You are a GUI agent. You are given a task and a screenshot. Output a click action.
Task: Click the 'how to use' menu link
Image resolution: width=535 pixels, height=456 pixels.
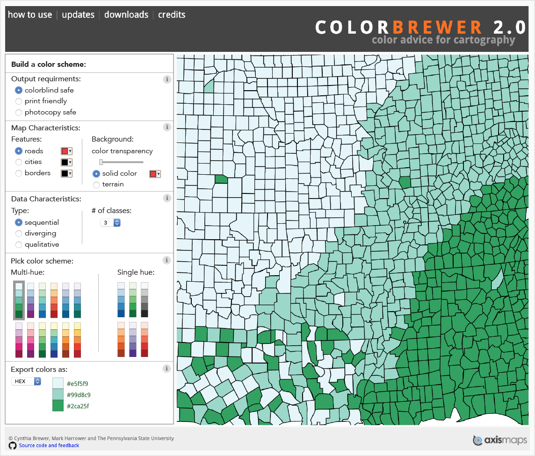30,14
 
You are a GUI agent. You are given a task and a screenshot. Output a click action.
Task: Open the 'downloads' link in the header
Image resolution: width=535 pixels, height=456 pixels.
126,14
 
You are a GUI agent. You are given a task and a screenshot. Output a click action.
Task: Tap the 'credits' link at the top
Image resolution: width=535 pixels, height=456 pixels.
172,14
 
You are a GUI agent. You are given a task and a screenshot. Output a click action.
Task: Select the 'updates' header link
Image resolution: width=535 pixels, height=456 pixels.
78,14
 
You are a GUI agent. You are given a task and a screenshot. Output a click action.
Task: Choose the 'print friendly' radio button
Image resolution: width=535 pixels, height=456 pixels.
19,101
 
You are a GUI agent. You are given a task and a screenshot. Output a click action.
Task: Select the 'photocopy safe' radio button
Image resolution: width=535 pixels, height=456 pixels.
19,113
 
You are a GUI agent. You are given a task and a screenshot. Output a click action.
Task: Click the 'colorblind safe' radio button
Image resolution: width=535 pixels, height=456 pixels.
19,90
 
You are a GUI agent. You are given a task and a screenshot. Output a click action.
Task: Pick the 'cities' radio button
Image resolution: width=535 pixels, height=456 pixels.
19,162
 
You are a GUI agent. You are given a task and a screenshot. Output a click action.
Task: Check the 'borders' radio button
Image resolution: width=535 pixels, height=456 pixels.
19,173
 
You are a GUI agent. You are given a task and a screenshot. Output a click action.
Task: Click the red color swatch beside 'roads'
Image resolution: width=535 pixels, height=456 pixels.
66,151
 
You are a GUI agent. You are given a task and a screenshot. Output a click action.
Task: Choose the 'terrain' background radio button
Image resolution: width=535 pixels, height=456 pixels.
96,185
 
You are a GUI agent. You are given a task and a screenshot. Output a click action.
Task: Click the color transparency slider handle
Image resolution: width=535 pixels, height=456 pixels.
101,162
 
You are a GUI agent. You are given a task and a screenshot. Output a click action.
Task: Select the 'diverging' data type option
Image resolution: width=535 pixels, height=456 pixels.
19,234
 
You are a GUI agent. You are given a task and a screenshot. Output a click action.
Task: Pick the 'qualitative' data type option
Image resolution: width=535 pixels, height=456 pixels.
19,245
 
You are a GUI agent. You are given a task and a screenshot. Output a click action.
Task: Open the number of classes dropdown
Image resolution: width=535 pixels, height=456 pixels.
110,223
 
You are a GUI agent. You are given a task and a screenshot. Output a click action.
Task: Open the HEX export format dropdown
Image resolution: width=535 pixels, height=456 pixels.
26,381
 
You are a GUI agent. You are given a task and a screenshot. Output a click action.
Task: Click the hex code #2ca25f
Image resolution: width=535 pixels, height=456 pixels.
78,406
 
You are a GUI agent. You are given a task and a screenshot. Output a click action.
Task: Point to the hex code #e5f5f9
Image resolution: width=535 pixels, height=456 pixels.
78,384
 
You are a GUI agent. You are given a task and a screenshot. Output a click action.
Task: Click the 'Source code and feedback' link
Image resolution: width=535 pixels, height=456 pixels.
49,445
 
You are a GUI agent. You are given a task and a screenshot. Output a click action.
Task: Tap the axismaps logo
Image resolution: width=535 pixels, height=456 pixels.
500,440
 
